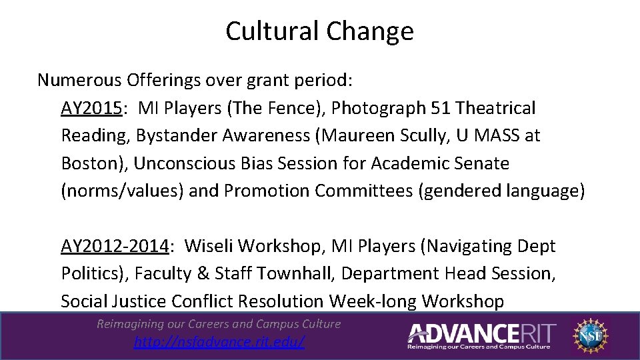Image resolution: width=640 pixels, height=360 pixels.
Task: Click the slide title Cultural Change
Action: (319, 31)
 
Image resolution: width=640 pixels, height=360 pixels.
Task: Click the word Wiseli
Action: (209, 246)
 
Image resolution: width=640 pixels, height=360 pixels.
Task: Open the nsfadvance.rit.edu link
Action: (219, 342)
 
